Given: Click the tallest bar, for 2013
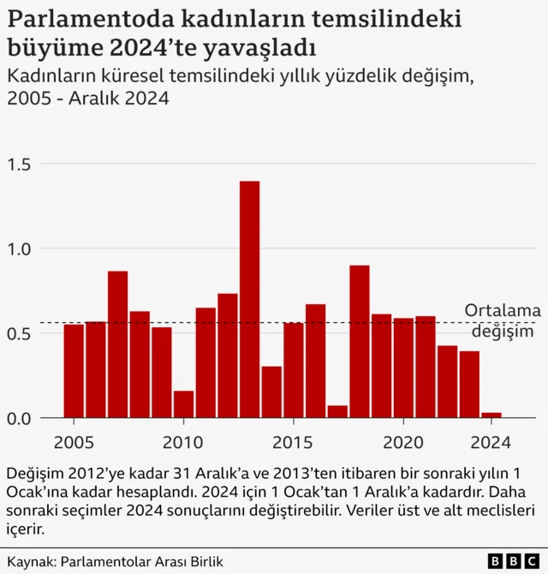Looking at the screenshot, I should coord(250,300).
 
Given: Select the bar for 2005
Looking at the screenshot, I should coord(74,371).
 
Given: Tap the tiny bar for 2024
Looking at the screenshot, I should coord(491,416).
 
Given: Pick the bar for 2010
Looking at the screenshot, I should coord(183,404).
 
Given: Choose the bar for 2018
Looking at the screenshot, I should coord(360,342).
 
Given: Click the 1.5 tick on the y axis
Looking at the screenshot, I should coord(20,164).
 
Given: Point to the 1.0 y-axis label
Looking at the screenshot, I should coord(20,248).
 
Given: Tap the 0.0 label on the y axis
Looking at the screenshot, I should coord(20,418).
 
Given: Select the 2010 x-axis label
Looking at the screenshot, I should coord(182,443).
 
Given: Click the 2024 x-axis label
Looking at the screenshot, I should coord(491,443).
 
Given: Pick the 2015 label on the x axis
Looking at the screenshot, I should coord(293,443).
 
